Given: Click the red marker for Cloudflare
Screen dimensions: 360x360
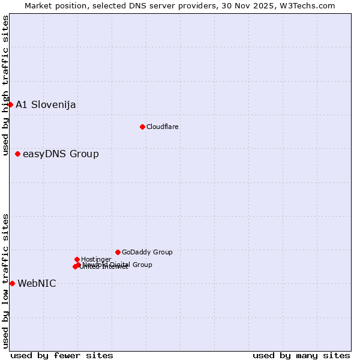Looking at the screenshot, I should (142, 127).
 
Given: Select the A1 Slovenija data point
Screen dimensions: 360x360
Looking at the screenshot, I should (10, 104).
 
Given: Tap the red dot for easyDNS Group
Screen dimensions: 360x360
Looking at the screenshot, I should (17, 154).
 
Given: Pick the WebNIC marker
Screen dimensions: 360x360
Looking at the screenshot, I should (12, 283).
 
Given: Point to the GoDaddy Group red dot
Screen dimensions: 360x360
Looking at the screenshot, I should (118, 252).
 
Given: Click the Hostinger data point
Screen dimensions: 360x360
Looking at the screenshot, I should (77, 259).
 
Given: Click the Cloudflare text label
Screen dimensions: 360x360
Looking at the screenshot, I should (163, 127).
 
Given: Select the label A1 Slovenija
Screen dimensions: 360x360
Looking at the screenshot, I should (46, 105).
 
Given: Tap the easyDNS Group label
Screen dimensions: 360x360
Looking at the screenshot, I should (61, 154).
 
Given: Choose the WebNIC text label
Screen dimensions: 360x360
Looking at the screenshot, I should (37, 284).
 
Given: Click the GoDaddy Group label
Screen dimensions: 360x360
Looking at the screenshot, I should (147, 253).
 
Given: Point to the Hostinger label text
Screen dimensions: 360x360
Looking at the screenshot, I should (96, 259).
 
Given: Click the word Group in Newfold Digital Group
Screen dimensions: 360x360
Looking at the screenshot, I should (142, 265).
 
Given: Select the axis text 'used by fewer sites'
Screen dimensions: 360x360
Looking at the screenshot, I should (62, 355).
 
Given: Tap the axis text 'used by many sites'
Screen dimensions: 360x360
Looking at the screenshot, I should (301, 355).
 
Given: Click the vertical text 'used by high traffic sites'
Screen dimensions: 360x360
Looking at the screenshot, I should (5, 85).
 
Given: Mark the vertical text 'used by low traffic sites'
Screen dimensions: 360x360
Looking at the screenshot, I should (5, 281).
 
